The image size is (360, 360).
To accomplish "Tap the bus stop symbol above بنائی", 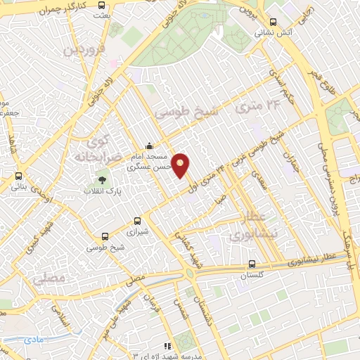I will pyautogui.click(x=18, y=176).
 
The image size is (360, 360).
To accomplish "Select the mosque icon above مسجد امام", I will pyautogui.click(x=148, y=146).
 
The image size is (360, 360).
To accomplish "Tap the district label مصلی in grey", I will pyautogui.click(x=49, y=278).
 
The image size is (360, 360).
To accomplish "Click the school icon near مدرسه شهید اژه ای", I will pyautogui.click(x=167, y=345).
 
